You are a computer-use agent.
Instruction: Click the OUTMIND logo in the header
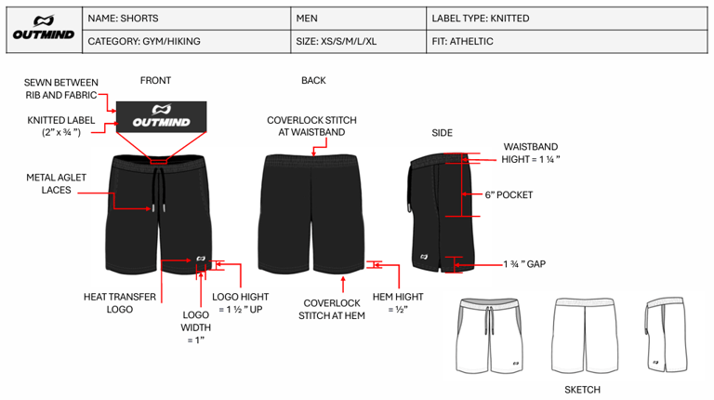tap(42, 30)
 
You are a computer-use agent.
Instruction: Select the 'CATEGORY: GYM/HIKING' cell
tap(144, 42)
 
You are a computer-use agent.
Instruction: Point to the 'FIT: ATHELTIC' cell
tap(463, 42)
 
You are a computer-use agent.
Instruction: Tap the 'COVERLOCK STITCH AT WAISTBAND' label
tap(311, 127)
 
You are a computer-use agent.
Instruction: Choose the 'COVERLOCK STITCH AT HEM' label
tap(332, 309)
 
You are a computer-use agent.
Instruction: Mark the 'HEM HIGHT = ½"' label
tap(398, 303)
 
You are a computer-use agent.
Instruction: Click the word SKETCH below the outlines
tap(582, 390)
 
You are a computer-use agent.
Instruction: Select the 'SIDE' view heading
tap(442, 133)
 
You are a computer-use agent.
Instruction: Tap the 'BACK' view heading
tap(313, 81)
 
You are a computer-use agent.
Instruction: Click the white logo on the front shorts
tap(201, 260)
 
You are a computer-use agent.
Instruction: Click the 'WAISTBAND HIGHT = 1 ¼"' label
tap(531, 153)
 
